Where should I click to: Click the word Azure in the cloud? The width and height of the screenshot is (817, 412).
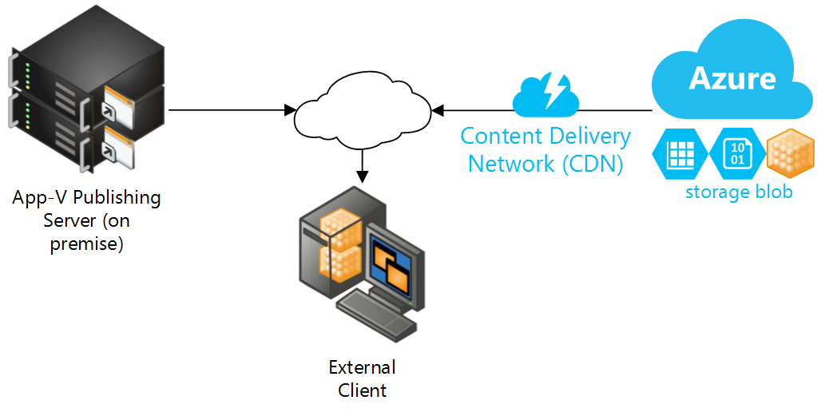[732, 77]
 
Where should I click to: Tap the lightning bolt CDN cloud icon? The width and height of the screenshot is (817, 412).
[546, 94]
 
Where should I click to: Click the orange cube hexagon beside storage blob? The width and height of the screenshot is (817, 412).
[790, 153]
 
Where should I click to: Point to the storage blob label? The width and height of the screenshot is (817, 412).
[739, 192]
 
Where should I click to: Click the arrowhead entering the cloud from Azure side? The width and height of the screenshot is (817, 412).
[438, 109]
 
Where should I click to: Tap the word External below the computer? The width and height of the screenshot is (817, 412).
[362, 367]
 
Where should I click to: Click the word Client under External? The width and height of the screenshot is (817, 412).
[362, 390]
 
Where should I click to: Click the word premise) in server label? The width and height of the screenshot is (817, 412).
[86, 244]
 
